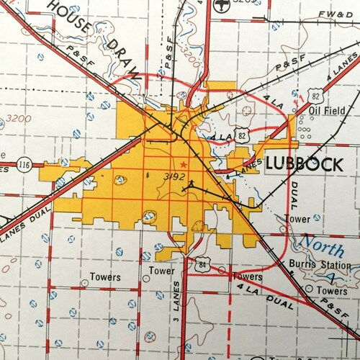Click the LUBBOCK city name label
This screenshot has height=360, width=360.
(304, 163)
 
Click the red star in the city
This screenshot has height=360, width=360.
(184, 165)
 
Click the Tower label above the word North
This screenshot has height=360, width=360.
(298, 217)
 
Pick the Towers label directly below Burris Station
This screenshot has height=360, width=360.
(333, 291)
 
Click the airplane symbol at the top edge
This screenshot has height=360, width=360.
(218, 4)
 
